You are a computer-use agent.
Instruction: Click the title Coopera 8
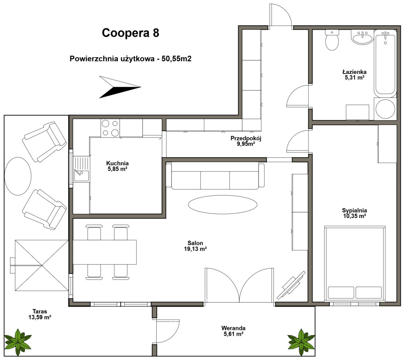point(130,33)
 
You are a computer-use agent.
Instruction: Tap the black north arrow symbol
point(120,87)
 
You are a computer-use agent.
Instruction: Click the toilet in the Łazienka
point(332,40)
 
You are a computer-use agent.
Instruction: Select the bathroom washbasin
point(362,37)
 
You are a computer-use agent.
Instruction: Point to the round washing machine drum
point(385,109)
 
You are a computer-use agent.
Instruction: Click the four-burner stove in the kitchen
point(110,128)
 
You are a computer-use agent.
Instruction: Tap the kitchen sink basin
point(81,176)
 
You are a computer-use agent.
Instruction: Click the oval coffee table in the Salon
point(222,205)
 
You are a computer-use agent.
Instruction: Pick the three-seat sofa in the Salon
point(215,176)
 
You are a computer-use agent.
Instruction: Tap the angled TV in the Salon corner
point(291,285)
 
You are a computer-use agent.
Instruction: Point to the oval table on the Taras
point(18,176)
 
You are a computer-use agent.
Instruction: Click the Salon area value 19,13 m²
point(195,249)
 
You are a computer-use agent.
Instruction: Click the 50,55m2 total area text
point(177,59)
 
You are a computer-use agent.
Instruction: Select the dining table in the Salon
point(105,252)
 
